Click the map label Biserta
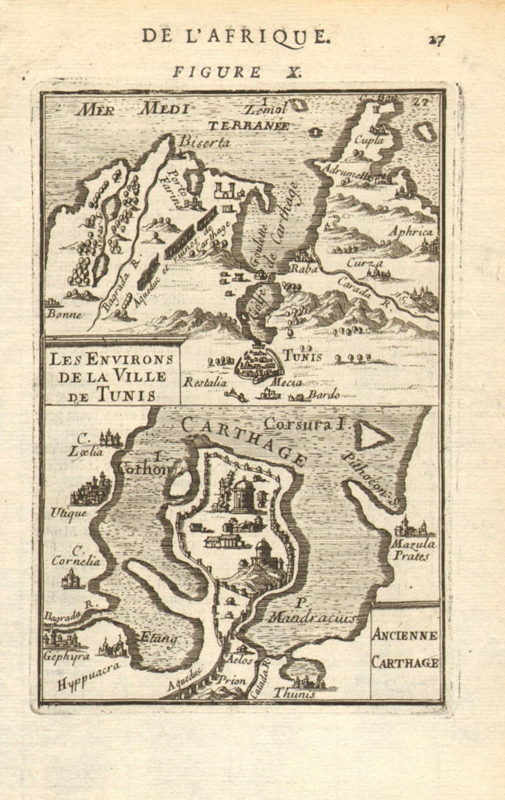[x=204, y=142]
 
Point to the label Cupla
[x=370, y=141]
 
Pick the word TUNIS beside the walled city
[x=302, y=355]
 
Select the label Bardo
[x=323, y=395]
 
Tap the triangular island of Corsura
[x=372, y=436]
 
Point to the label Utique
[x=69, y=512]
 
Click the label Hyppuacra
[x=87, y=677]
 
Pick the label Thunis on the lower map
[x=294, y=692]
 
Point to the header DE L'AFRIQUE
[x=235, y=36]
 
